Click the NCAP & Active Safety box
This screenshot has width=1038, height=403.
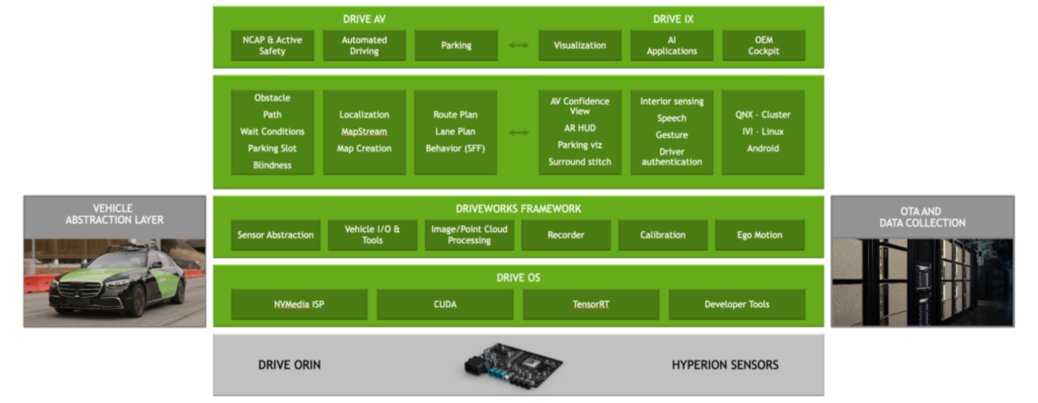pos(272,46)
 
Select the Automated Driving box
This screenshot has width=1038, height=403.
pos(364,46)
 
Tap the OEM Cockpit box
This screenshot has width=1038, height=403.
pos(763,46)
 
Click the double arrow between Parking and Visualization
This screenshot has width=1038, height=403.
pos(518,45)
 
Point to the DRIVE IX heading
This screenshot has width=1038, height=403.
pos(673,19)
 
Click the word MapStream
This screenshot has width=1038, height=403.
pos(364,132)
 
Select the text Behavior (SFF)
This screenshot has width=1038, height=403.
pos(455,148)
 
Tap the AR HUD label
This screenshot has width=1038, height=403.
pos(580,128)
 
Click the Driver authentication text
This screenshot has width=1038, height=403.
pos(672,157)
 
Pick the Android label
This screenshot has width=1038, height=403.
pos(763,148)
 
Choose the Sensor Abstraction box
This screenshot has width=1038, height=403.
pos(276,235)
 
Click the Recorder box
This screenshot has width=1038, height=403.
pos(566,235)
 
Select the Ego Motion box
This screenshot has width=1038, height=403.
pos(759,235)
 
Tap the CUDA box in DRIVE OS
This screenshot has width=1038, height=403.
pos(445,304)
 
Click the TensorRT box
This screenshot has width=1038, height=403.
pos(591,304)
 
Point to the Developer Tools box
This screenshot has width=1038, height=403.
pos(737,304)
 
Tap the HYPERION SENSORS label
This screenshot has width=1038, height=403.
pos(725,365)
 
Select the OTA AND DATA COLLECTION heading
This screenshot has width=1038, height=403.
pos(922,217)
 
